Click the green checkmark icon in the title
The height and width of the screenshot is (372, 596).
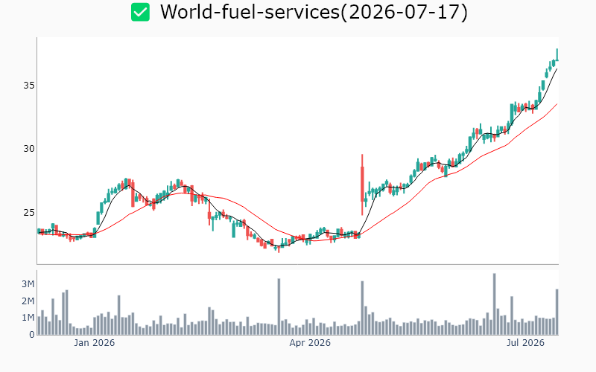140,12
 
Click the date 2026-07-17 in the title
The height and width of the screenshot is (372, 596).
405,12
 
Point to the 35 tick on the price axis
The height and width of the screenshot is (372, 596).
29,86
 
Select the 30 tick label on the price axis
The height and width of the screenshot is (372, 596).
29,149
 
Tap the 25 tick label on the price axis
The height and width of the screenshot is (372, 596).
29,212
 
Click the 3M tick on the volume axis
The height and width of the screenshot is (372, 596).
28,284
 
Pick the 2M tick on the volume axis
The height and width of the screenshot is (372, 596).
28,301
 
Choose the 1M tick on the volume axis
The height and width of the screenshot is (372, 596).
28,318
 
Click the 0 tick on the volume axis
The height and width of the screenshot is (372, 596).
32,334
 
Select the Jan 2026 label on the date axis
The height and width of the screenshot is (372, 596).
95,343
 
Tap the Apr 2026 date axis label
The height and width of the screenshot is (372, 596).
310,343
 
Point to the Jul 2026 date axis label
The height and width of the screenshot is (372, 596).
526,343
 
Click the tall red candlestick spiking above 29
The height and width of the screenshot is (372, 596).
362,185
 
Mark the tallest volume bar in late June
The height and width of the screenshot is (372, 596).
495,304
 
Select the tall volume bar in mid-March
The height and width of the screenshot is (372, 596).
279,307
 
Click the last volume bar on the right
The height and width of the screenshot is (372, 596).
557,312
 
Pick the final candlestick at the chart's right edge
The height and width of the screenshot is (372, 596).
557,54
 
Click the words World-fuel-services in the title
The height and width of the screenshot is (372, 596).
250,12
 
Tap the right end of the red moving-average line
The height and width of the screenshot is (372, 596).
557,103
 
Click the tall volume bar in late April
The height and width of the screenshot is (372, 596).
362,308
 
